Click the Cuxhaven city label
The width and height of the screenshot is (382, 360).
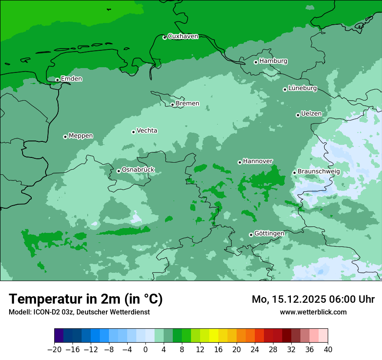[183, 36]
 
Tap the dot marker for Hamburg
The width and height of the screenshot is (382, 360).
[256, 62]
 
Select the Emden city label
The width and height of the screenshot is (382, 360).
[71, 79]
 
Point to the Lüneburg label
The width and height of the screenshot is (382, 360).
[302, 88]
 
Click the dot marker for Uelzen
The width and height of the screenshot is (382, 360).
[298, 115]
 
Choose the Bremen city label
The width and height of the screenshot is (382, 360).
[188, 104]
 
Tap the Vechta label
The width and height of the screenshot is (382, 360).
[147, 131]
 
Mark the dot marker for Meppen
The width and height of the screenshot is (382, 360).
[65, 137]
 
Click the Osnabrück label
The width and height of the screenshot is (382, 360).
[138, 170]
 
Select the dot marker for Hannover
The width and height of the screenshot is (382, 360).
[240, 162]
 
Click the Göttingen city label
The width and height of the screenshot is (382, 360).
[269, 234]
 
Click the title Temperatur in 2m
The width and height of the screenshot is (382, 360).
[86, 299]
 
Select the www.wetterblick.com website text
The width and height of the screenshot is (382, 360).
[313, 312]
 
